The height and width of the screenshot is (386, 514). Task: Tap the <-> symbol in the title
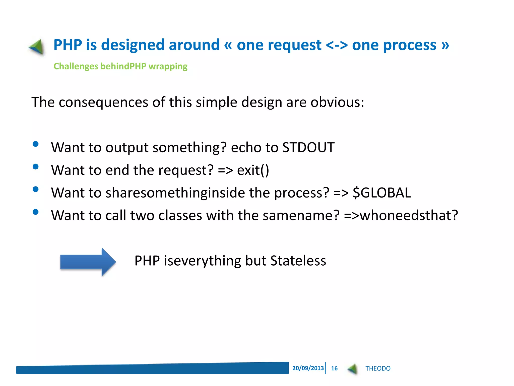(x=337, y=45)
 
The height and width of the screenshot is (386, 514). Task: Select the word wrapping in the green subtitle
(x=168, y=66)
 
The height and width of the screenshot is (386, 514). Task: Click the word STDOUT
(x=308, y=147)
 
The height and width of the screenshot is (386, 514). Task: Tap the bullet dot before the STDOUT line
(x=36, y=144)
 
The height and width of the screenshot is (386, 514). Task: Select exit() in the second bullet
(x=253, y=170)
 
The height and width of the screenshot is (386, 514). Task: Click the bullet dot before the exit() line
(x=36, y=167)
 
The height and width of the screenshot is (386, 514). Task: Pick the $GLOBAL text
(x=381, y=193)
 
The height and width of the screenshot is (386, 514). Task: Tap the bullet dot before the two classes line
(x=36, y=212)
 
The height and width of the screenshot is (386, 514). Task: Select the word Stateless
(x=298, y=261)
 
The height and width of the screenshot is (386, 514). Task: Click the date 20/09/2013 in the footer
(x=308, y=368)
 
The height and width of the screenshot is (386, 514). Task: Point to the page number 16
(x=334, y=368)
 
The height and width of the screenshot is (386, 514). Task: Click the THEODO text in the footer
(x=378, y=368)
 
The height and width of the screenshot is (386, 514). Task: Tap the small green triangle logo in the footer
(x=353, y=369)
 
